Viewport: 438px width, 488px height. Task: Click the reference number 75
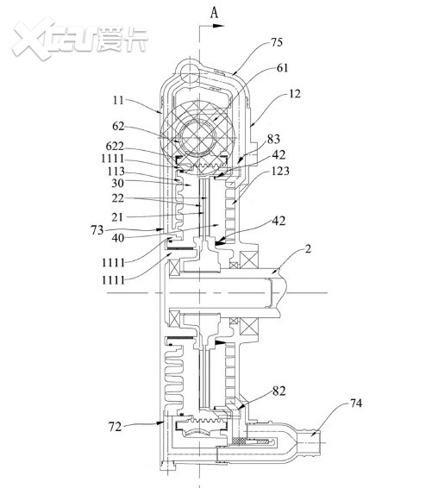click(277, 42)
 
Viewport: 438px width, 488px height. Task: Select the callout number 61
click(282, 68)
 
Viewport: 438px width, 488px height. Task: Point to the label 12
click(295, 94)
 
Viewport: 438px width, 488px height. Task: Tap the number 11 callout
click(118, 100)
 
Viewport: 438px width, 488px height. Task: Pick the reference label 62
click(118, 126)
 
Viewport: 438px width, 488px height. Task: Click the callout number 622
click(115, 146)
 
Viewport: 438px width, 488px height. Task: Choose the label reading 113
click(116, 172)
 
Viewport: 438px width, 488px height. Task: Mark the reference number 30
click(117, 183)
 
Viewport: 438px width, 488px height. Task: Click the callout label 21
click(117, 217)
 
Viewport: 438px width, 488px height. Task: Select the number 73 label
click(97, 230)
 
